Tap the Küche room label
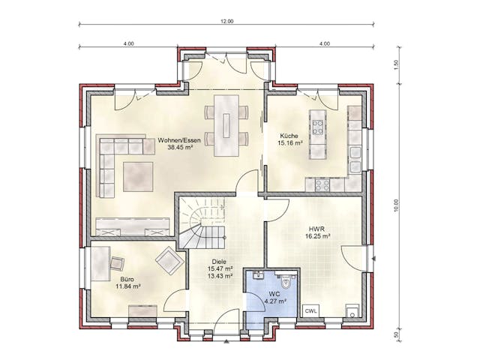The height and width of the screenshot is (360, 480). pos(289,135)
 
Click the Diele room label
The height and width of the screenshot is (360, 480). pos(218,261)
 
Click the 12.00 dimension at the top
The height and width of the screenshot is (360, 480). pos(226,21)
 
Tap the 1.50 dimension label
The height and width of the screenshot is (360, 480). pos(395,65)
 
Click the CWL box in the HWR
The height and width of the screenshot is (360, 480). pos(310,310)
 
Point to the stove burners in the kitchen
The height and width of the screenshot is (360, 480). pos(323,183)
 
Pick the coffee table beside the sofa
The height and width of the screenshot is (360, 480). pos(137,175)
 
